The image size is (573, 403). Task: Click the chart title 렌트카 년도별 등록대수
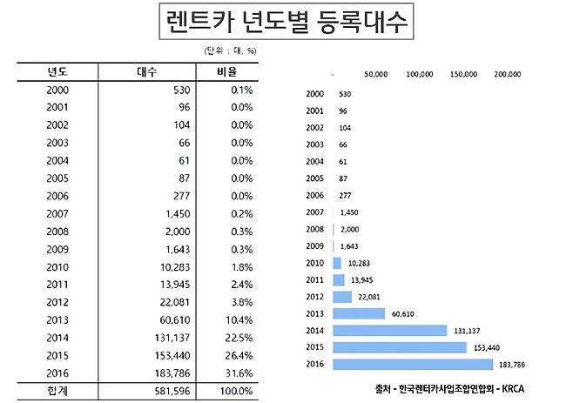tap(286, 22)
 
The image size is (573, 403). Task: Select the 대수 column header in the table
tap(147, 72)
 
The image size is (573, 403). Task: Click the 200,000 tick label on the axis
tap(507, 75)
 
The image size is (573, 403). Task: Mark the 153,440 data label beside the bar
tap(486, 347)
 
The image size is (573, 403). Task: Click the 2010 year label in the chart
tap(315, 263)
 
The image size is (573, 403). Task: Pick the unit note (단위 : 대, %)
tap(228, 50)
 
